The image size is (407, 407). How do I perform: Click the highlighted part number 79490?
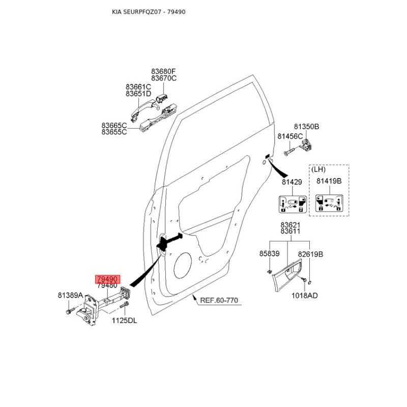[x=108, y=279]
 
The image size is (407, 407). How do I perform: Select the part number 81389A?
[x=70, y=295]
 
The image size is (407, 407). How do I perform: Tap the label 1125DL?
[x=124, y=321]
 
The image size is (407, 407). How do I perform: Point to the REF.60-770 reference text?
[x=219, y=300]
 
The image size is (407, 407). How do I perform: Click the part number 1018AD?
[x=304, y=296]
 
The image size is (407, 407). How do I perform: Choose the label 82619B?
[x=310, y=254]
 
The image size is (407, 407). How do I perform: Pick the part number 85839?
[x=270, y=253]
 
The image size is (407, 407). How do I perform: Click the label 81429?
[x=292, y=182]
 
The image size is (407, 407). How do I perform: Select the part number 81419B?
[x=329, y=181]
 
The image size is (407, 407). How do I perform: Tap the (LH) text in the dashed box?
[x=318, y=169]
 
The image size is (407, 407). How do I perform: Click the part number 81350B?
[x=306, y=127]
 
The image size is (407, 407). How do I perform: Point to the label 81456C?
[x=290, y=136]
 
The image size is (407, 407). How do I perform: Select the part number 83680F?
[x=163, y=71]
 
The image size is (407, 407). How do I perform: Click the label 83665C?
[x=114, y=126]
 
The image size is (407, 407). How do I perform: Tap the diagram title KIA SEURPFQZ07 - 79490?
[x=149, y=12]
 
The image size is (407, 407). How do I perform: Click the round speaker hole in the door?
[x=183, y=265]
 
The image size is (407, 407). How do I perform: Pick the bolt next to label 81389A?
[x=70, y=311]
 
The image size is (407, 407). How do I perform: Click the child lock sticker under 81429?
[x=293, y=205]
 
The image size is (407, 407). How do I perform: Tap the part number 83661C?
[x=138, y=86]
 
